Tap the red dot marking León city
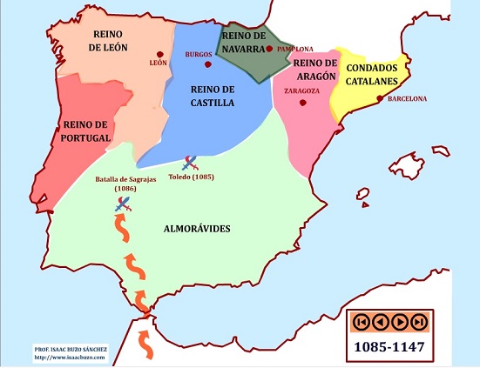[159, 51]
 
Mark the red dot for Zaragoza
[302, 103]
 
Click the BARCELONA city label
[407, 98]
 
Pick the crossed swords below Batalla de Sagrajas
[124, 204]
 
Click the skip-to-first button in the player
[359, 322]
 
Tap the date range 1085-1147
[389, 347]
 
